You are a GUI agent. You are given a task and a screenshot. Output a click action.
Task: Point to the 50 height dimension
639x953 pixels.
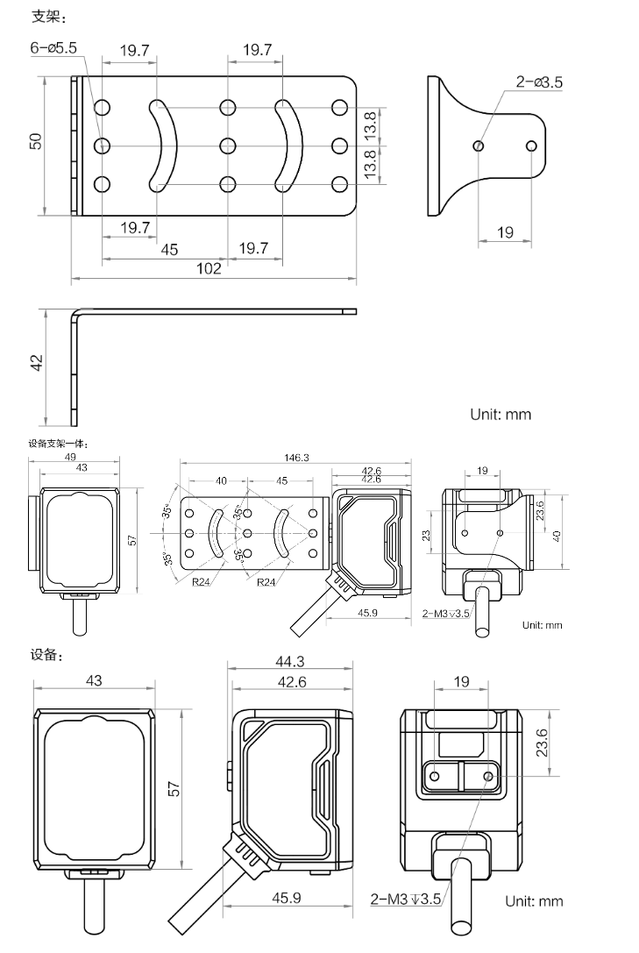tap(36, 143)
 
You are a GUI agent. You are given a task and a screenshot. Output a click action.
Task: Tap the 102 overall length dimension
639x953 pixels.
tap(208, 269)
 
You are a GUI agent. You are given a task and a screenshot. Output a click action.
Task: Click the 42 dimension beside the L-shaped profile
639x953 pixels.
tap(36, 363)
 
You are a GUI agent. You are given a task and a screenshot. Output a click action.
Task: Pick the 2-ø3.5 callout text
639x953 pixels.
tap(539, 82)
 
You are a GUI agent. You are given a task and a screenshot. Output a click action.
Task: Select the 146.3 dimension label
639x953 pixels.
tap(296, 457)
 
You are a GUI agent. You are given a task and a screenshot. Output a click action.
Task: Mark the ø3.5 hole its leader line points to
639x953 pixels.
tap(478, 145)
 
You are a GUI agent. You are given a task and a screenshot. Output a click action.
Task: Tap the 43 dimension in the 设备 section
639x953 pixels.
tap(96, 681)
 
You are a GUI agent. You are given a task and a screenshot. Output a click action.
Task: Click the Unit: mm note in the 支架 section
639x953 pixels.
tap(501, 413)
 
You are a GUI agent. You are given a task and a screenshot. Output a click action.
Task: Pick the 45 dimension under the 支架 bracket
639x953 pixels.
tap(169, 249)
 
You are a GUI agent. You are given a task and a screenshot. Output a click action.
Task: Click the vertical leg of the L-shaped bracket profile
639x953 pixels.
tap(75, 364)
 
